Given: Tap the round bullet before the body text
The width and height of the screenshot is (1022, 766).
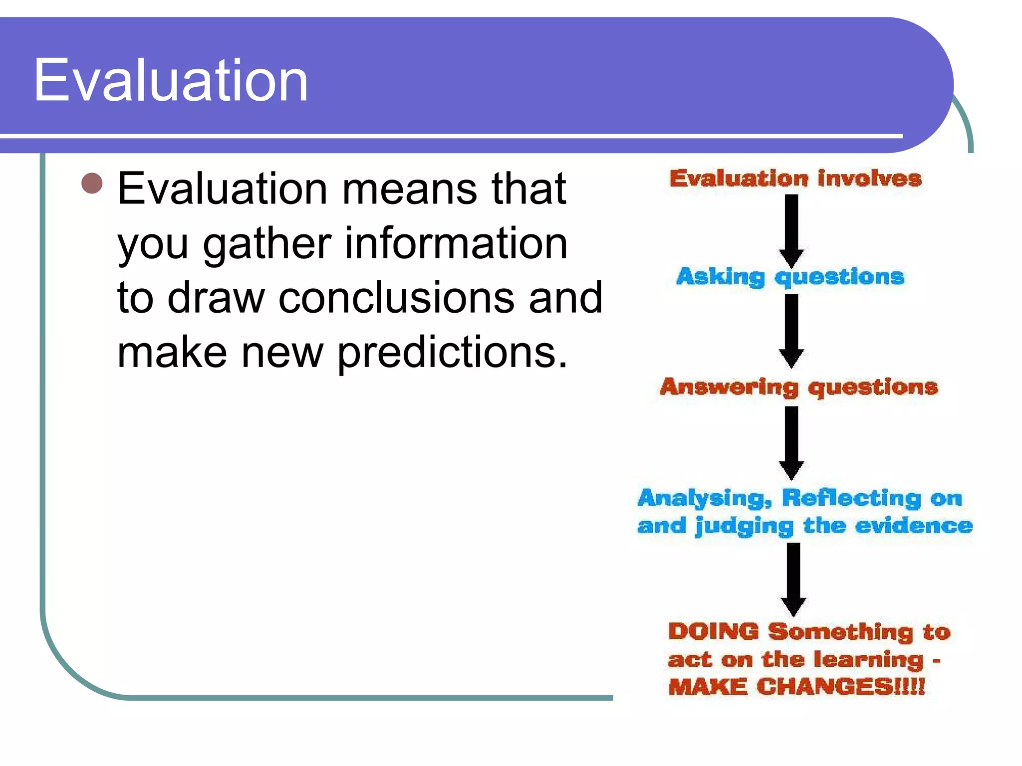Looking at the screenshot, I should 92,183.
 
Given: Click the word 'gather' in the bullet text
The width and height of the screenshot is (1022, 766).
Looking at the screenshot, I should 267,244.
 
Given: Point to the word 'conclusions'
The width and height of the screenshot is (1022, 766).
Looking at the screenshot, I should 396,298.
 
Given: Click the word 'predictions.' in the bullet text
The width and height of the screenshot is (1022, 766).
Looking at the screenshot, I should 452,353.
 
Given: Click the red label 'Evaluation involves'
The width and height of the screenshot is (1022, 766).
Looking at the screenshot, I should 795,179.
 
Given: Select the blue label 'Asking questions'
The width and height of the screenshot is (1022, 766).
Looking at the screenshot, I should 790,277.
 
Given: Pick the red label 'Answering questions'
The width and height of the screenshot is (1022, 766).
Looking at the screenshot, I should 799,387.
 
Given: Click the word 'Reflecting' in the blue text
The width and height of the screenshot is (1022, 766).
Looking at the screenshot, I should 851,498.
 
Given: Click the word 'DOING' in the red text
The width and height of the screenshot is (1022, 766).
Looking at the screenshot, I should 714,631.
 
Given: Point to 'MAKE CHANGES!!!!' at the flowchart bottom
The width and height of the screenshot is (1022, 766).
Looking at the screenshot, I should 796,687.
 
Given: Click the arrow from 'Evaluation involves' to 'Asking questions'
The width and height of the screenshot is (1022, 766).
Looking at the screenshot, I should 791,230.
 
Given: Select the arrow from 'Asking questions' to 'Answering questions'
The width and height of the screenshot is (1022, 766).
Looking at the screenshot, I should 791,330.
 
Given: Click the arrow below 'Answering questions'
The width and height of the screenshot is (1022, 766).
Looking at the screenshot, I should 791,442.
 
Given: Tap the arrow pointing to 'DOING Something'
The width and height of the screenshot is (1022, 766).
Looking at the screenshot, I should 793,578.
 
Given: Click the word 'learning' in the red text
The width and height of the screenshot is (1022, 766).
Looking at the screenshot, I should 868,660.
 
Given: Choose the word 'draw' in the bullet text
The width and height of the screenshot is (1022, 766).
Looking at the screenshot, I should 216,298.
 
